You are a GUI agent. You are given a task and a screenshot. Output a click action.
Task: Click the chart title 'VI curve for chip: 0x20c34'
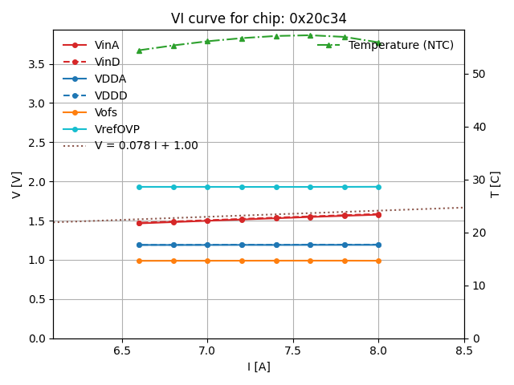[259, 18]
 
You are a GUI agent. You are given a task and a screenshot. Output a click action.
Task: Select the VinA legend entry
[107, 45]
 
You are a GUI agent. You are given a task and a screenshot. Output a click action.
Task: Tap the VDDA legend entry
[110, 79]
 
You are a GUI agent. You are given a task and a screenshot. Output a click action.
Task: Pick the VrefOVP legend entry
[116, 129]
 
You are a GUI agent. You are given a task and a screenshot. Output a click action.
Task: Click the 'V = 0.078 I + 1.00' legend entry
[145, 146]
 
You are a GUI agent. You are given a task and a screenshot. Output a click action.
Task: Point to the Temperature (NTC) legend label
[401, 45]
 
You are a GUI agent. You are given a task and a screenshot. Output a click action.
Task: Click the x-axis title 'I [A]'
[259, 367]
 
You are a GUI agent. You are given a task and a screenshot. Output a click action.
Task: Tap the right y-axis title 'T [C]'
[496, 184]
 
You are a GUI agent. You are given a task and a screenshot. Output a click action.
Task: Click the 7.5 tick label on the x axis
[293, 351]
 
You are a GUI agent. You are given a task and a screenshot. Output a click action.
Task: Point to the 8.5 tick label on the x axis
[464, 351]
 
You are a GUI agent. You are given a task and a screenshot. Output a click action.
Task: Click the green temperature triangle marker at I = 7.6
[311, 35]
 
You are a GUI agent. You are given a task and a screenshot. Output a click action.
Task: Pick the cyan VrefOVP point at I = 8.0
[379, 187]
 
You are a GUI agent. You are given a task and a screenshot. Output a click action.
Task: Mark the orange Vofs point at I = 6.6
[139, 261]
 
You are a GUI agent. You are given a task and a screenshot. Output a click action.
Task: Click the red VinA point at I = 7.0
[207, 221]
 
